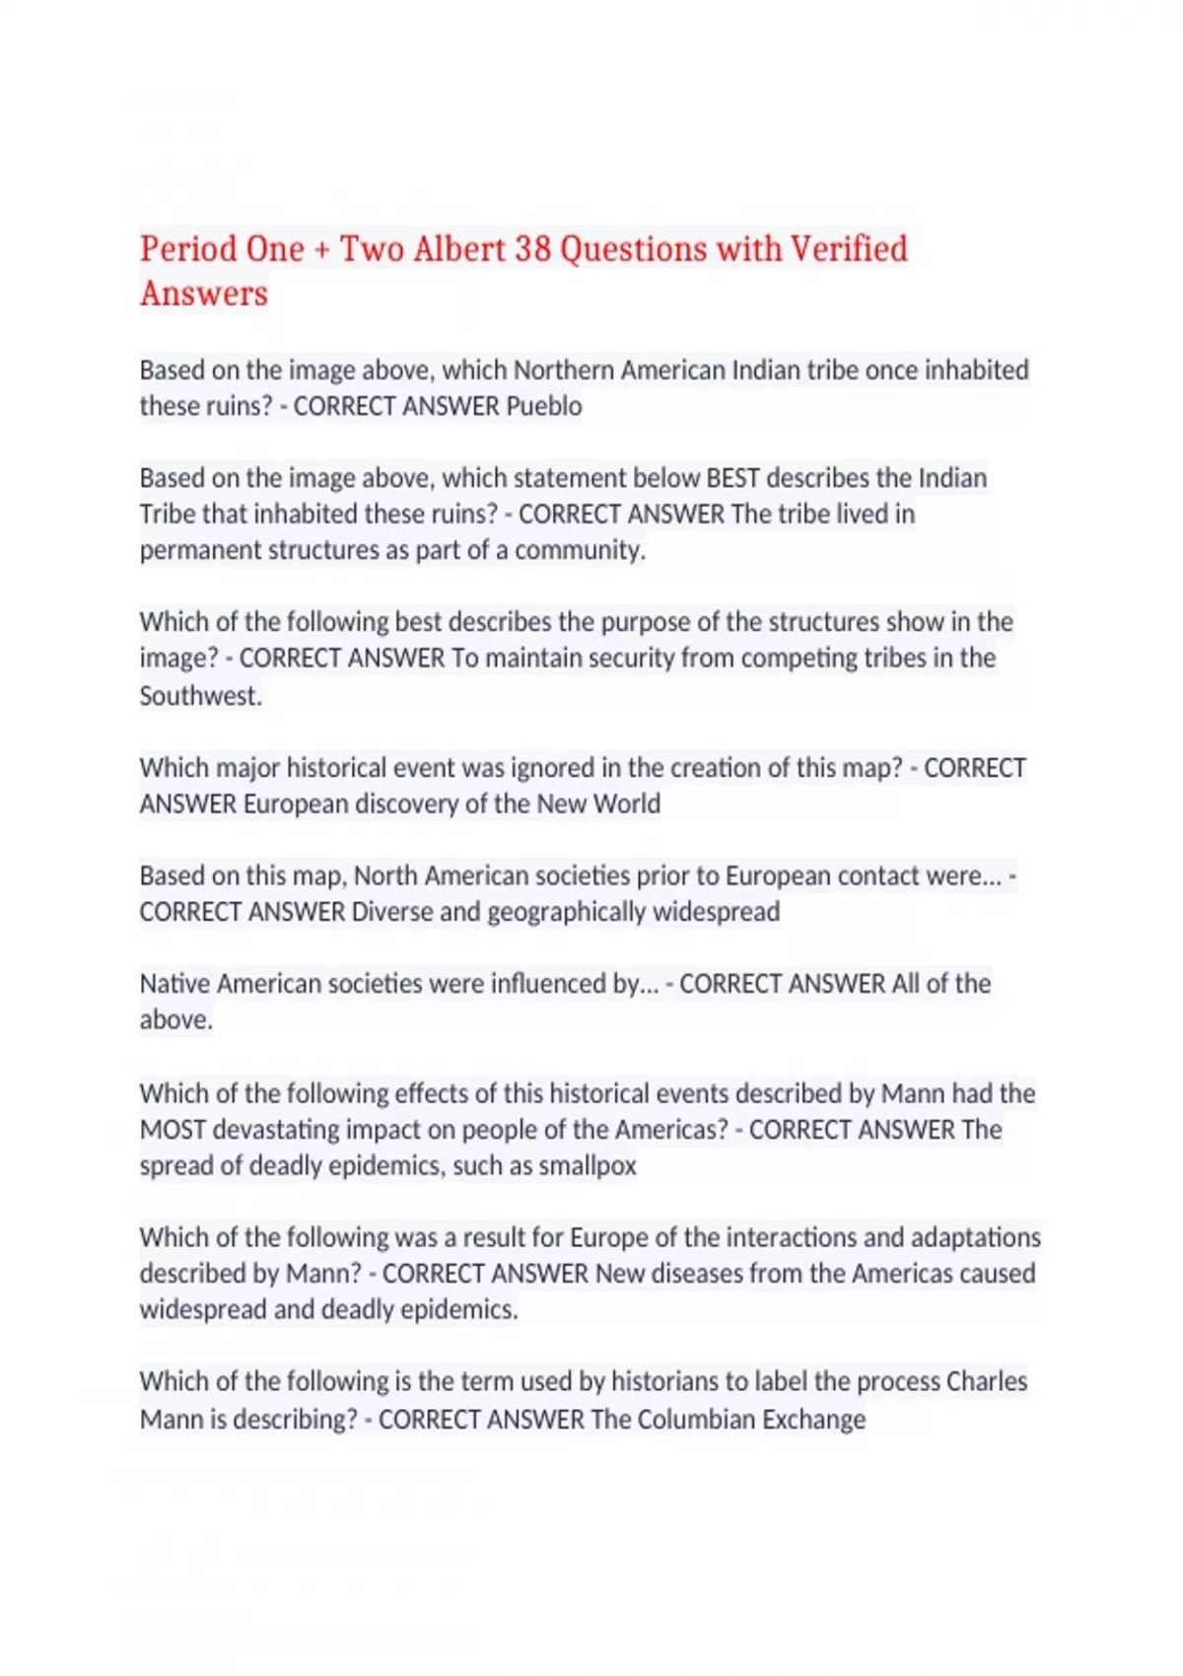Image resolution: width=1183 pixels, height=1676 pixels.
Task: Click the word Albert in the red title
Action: (x=459, y=248)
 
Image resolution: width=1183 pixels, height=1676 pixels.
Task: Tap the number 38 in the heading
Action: (x=532, y=248)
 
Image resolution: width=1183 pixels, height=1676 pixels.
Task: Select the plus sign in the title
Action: (x=321, y=250)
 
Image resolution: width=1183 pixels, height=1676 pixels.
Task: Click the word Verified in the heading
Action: (x=849, y=248)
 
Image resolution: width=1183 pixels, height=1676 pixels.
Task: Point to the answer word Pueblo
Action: (x=543, y=406)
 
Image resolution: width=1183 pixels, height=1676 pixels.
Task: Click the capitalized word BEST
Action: (x=732, y=478)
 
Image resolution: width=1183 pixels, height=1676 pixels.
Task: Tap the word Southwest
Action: (x=200, y=696)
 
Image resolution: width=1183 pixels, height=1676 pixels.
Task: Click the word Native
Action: (x=174, y=984)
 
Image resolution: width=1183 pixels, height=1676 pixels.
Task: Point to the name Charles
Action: (x=986, y=1382)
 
